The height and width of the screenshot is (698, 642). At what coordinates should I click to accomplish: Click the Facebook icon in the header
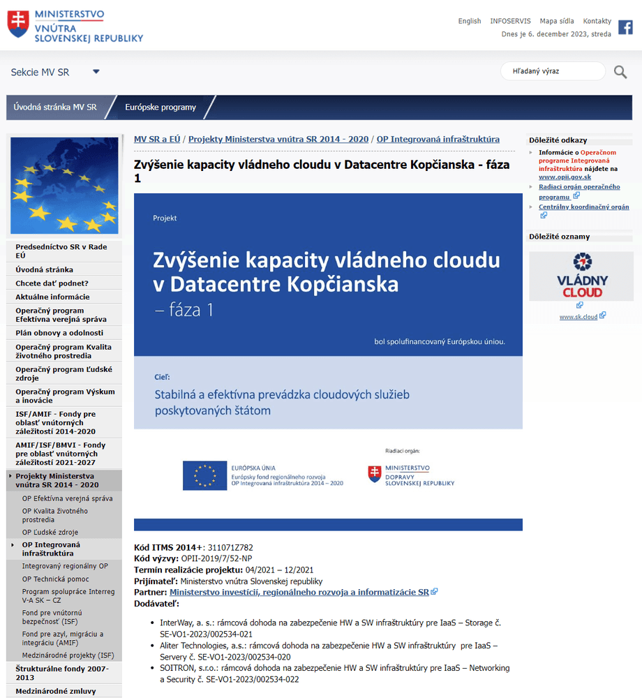[625, 27]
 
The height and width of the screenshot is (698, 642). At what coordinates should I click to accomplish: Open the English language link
[470, 21]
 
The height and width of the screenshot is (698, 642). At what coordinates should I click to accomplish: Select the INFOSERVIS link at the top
[510, 21]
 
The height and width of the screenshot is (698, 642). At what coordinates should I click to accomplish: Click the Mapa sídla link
[557, 21]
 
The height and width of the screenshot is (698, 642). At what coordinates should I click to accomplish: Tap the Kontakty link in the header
[597, 21]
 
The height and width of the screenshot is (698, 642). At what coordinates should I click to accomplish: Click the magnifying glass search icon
[620, 71]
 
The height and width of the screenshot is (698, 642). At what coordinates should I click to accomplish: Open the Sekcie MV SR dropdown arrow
[96, 71]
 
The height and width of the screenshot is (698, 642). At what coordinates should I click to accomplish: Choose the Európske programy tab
[160, 107]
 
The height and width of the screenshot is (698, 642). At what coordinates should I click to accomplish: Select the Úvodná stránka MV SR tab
[55, 107]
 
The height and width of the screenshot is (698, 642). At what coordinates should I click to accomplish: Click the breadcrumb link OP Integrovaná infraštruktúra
[438, 139]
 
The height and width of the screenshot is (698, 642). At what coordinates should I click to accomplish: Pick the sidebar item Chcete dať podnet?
[52, 283]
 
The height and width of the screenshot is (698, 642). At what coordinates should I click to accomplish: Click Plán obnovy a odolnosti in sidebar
[59, 333]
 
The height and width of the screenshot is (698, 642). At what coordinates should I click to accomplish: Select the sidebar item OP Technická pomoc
[56, 579]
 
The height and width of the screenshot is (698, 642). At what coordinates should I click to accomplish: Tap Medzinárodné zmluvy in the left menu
[56, 691]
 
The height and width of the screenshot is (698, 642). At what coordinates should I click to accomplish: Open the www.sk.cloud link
[578, 316]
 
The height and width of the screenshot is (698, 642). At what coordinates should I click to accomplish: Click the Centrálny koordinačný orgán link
[583, 207]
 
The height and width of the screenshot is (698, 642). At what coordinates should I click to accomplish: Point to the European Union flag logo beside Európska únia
[204, 475]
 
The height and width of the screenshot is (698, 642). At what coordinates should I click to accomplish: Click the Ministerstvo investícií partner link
[299, 592]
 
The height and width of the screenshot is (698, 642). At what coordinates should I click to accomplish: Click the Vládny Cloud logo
[582, 276]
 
